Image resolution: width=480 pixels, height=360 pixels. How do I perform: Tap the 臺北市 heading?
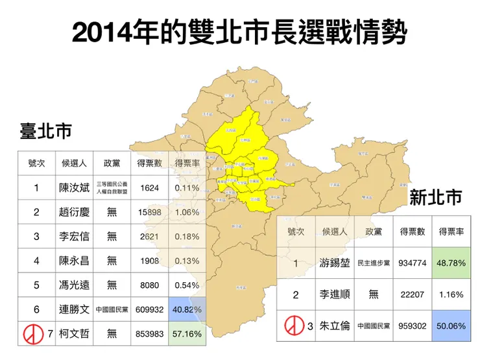[45, 132]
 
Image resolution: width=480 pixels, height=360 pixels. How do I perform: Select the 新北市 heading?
[436, 197]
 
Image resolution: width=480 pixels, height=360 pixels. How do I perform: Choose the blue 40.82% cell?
[187, 309]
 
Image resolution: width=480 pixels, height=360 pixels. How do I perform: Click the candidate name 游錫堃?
[333, 263]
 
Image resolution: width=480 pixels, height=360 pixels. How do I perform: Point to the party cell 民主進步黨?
[374, 263]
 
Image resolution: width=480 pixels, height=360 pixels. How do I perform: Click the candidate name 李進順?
[333, 294]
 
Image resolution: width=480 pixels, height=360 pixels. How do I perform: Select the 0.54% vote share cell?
[187, 285]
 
